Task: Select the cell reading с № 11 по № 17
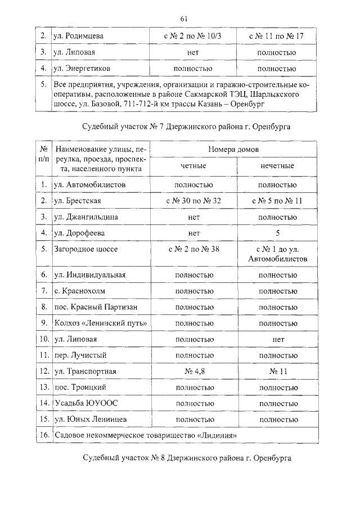276,36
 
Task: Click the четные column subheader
193,166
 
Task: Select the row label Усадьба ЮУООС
85,403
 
